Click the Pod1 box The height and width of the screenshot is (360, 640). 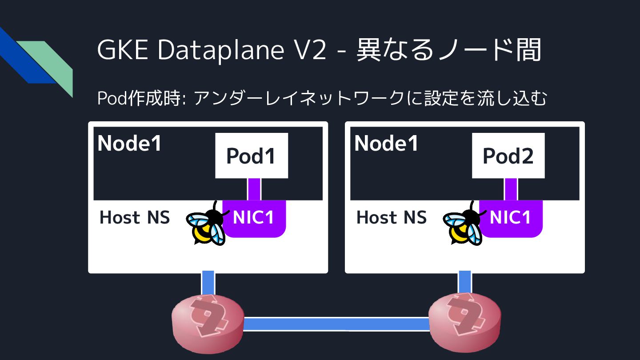coord(252,156)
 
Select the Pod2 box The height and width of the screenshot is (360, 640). coord(508,156)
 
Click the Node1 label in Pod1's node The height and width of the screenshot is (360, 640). coord(130,143)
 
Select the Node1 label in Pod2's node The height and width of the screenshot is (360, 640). coord(386,143)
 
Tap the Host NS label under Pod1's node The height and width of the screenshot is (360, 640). coord(135,217)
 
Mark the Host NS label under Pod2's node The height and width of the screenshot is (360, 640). coord(392,217)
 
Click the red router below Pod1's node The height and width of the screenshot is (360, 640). coord(208,321)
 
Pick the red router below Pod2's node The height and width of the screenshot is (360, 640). coord(464,321)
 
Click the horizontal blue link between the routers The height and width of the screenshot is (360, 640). coord(336,324)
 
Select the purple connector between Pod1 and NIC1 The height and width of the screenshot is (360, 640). coord(254,189)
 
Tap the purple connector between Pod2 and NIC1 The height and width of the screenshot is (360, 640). coord(511,189)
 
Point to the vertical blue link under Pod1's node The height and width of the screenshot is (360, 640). coord(208,282)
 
